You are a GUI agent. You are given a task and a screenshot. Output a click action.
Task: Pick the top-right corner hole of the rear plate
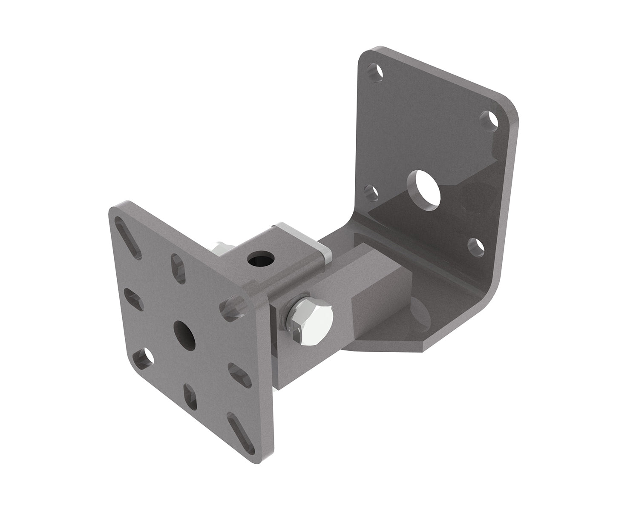tap(489, 120)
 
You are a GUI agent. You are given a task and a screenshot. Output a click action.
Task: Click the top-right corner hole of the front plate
tap(232, 308)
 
